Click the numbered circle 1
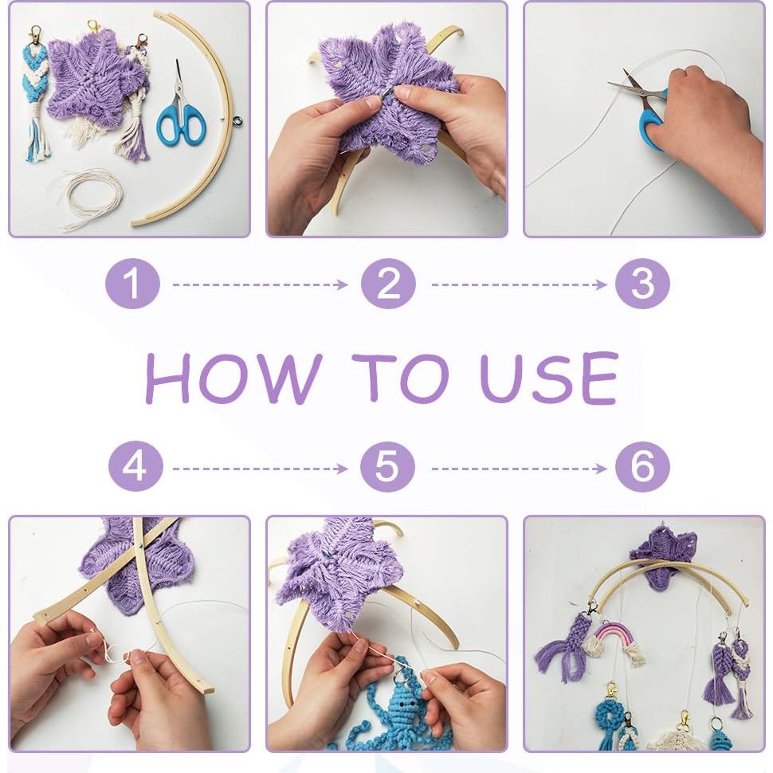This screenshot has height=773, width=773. pyautogui.click(x=132, y=284)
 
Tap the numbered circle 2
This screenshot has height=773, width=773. pyautogui.click(x=388, y=284)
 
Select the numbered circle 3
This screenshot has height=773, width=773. pyautogui.click(x=642, y=284)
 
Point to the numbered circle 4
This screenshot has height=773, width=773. pyautogui.click(x=135, y=467)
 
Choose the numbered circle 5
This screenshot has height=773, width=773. pyautogui.click(x=387, y=467)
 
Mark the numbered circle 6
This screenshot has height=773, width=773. pyautogui.click(x=642, y=467)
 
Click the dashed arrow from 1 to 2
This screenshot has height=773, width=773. pyautogui.click(x=261, y=284)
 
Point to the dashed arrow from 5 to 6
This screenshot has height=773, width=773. pyautogui.click(x=519, y=469)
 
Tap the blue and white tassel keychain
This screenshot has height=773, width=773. pyautogui.click(x=37, y=94)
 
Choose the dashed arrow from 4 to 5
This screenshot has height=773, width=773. pyautogui.click(x=261, y=469)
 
